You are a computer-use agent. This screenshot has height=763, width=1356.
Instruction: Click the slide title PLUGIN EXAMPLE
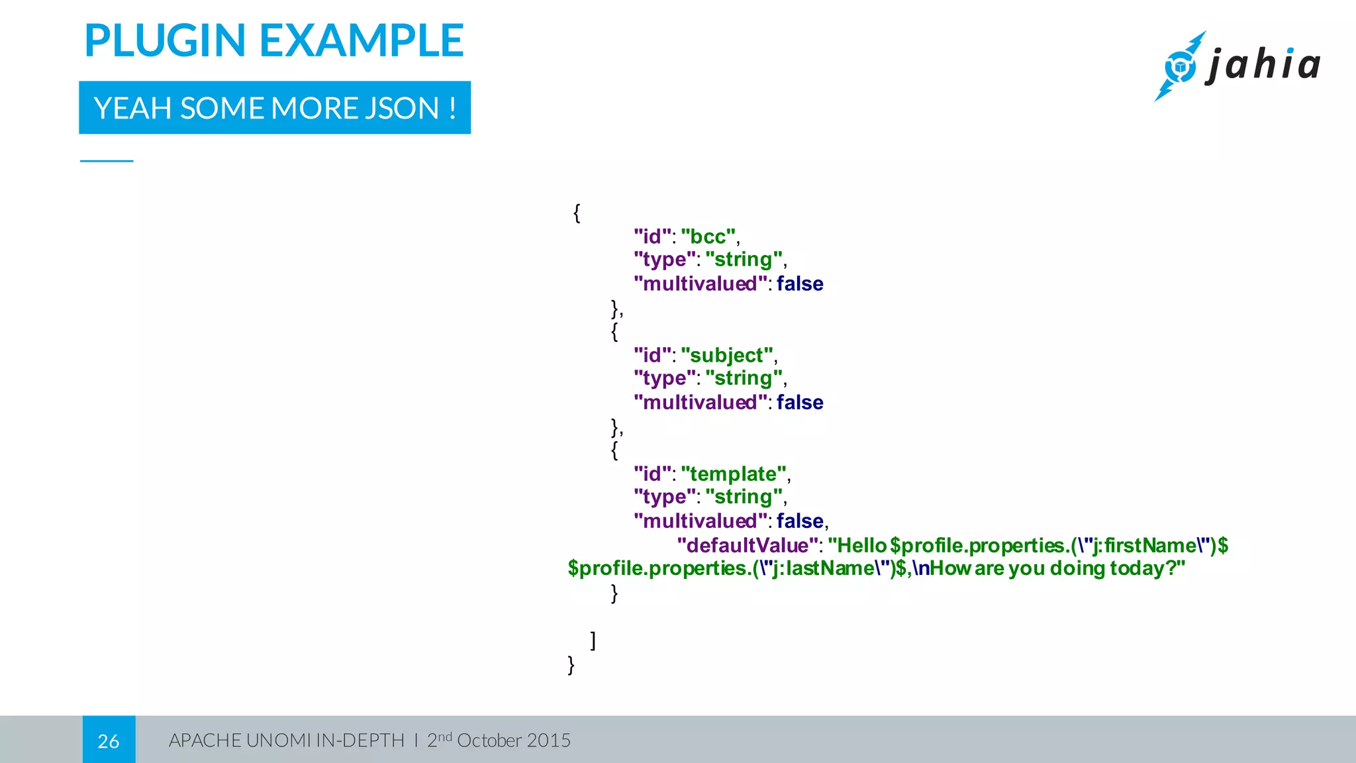(273, 41)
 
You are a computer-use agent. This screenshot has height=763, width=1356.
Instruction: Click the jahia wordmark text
(1263, 66)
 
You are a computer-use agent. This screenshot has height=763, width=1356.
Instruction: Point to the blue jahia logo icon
(1180, 67)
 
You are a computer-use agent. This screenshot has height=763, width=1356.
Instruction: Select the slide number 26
(109, 740)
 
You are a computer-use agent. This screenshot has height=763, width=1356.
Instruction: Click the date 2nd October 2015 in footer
(499, 740)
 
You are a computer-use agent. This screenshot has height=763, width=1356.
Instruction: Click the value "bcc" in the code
(708, 236)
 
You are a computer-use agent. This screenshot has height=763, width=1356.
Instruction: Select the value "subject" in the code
(727, 355)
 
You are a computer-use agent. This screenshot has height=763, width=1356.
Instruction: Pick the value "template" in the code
(734, 474)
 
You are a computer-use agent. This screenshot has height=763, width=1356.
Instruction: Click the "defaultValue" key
(747, 545)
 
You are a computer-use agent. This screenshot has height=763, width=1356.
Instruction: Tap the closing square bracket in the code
(593, 640)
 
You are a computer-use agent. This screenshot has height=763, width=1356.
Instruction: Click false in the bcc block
(800, 283)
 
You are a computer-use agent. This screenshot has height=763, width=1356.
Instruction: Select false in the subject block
(800, 402)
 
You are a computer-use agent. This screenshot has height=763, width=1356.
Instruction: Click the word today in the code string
(1139, 568)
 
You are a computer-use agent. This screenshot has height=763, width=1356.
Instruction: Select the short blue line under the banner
(107, 161)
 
